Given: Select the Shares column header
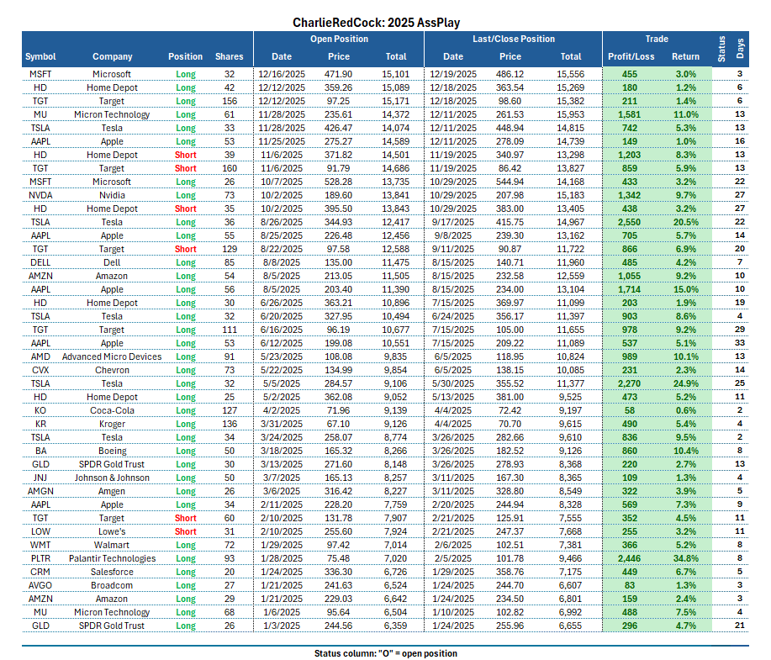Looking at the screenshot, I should [229, 57].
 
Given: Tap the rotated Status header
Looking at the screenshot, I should [721, 50].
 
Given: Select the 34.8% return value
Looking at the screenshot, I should [686, 558].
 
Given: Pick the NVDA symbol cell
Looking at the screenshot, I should [40, 195].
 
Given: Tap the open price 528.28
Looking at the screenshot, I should [339, 182].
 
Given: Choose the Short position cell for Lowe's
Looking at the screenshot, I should [185, 531].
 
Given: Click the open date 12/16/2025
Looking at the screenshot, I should [281, 74].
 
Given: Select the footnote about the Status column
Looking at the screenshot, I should [386, 653].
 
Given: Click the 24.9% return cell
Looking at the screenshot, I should [686, 383].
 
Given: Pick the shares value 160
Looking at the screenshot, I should [229, 168].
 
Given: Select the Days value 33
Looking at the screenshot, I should [740, 343].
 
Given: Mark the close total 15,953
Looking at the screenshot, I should [571, 114].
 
